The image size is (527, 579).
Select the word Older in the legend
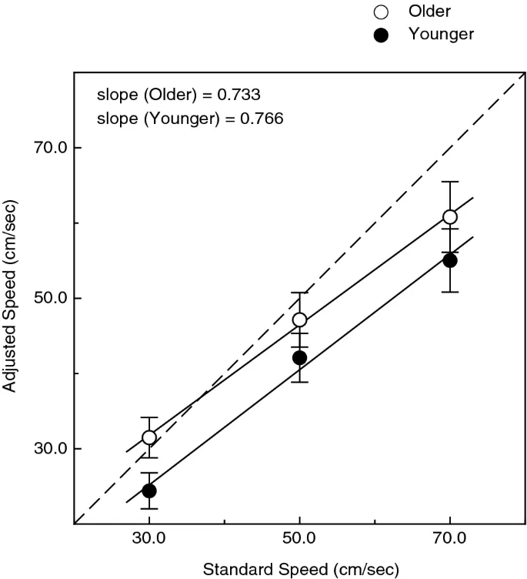[430, 12]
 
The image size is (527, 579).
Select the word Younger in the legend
[441, 34]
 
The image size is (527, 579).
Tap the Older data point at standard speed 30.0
[149, 437]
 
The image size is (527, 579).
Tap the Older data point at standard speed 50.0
[299, 320]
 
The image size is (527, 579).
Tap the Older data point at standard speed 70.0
[450, 217]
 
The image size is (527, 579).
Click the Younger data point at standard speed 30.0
[149, 490]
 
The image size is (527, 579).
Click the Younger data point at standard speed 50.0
[299, 358]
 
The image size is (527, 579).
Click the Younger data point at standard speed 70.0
[450, 260]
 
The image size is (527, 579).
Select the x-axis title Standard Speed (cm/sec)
[301, 570]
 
